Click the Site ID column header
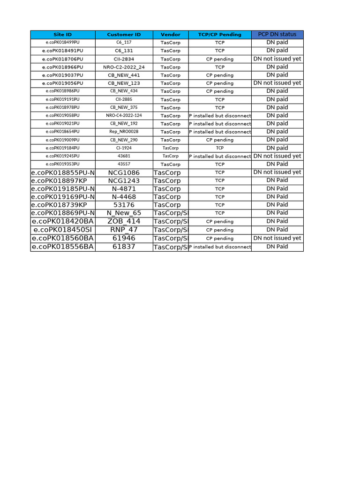click(63, 35)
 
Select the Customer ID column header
click(124, 35)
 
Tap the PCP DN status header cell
click(277, 34)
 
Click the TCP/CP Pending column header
click(220, 35)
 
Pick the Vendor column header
click(170, 35)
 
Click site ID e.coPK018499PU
click(63, 43)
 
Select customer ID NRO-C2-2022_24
click(124, 67)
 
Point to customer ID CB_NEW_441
click(124, 75)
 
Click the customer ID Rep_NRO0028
click(124, 132)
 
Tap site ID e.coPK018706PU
click(63, 59)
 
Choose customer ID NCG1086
click(124, 172)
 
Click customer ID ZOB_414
click(124, 221)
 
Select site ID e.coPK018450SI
click(63, 230)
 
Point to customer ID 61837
click(124, 247)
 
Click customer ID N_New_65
click(124, 213)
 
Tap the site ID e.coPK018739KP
click(63, 205)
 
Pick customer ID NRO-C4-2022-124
click(124, 115)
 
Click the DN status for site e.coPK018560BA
click(277, 238)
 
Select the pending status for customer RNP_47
click(220, 230)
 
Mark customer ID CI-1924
click(124, 148)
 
